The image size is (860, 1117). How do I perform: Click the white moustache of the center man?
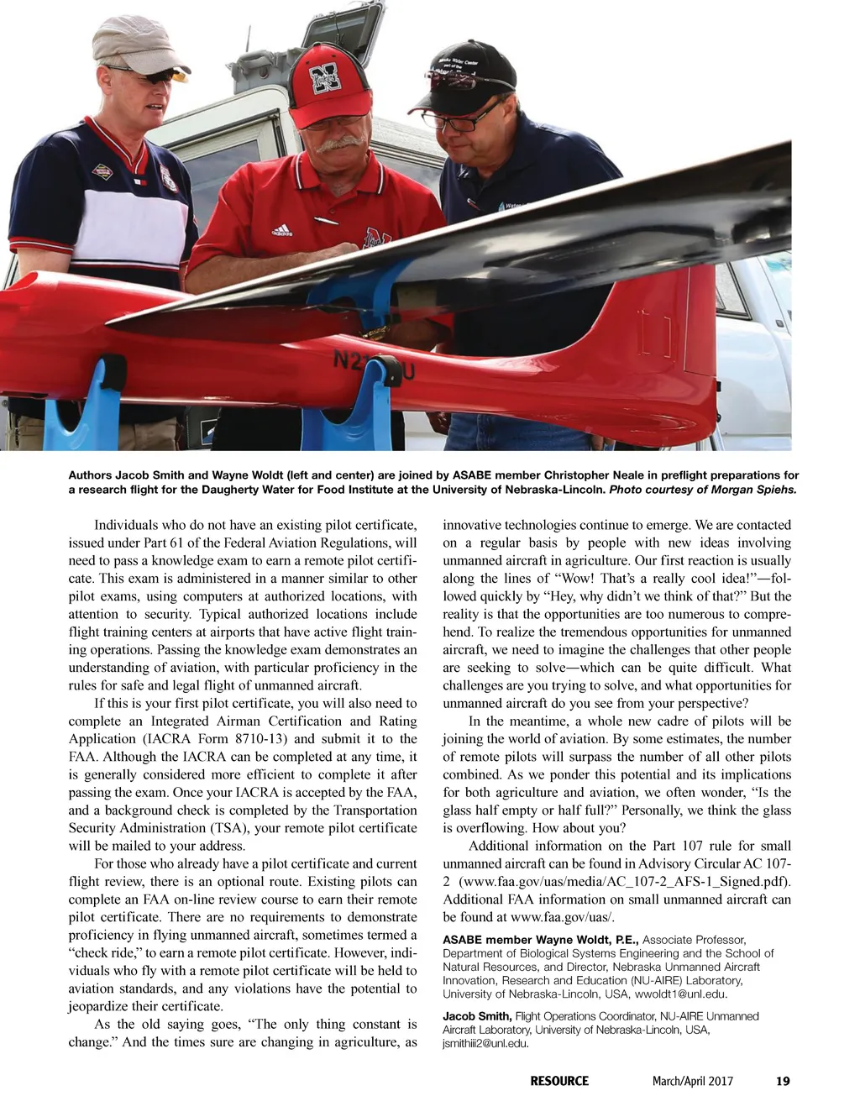[341, 144]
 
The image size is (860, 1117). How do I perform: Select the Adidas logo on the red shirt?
[281, 230]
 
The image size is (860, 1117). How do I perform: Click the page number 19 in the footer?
[782, 1081]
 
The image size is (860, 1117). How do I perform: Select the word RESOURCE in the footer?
[559, 1081]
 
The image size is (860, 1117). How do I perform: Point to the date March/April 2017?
[692, 1081]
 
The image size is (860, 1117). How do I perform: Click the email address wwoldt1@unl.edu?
[680, 994]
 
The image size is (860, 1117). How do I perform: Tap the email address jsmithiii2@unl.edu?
[485, 1043]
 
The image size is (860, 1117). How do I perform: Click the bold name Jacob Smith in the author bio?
[476, 1016]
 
